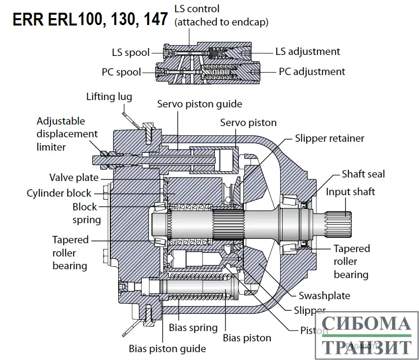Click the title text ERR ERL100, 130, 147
[90, 19]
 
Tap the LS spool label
[131, 52]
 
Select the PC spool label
[121, 72]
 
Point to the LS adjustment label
[307, 51]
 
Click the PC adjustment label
[312, 72]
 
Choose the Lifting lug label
[109, 97]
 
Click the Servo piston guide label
[199, 104]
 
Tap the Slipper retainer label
[329, 138]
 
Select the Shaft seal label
[363, 174]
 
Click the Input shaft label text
[350, 192]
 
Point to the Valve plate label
[74, 178]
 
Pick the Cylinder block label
[59, 193]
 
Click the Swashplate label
[324, 295]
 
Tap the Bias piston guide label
[167, 349]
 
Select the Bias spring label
[193, 328]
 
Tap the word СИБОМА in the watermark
[367, 324]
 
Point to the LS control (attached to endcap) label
[221, 15]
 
